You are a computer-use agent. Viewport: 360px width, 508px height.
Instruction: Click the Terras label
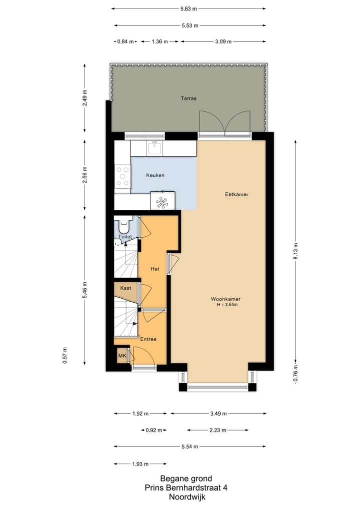pyautogui.click(x=188, y=98)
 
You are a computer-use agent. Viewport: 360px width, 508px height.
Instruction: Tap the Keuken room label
pyautogui.click(x=155, y=175)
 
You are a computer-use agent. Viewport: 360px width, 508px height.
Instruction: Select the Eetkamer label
pyautogui.click(x=236, y=194)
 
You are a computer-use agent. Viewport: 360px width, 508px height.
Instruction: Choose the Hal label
pyautogui.click(x=155, y=269)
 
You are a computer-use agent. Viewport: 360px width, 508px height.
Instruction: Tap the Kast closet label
pyautogui.click(x=125, y=288)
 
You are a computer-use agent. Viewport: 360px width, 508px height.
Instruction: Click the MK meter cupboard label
pyautogui.click(x=122, y=356)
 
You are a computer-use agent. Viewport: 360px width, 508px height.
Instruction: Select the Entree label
pyautogui.click(x=148, y=339)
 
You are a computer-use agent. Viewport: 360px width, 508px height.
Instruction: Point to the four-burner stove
pyautogui.click(x=122, y=177)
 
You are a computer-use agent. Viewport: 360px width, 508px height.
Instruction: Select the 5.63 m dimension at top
pyautogui.click(x=188, y=8)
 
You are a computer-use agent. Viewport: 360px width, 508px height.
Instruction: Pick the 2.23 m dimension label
pyautogui.click(x=218, y=430)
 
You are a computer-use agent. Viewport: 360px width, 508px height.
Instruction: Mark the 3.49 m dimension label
pyautogui.click(x=218, y=414)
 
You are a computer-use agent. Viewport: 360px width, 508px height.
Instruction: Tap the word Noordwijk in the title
pyautogui.click(x=187, y=497)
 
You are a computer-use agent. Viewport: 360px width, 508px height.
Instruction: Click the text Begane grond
pyautogui.click(x=186, y=478)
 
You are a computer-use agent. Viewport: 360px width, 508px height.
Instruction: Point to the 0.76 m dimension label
pyautogui.click(x=295, y=375)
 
